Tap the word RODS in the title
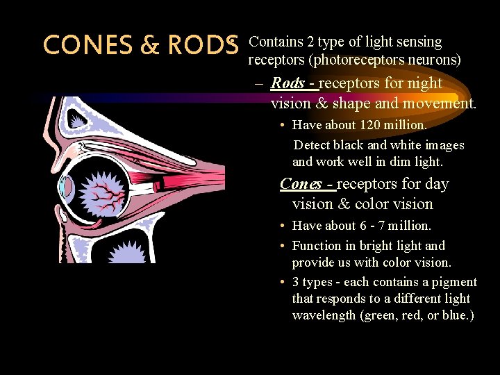click(201, 45)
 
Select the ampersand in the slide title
click(149, 45)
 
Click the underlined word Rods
click(287, 83)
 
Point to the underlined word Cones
click(299, 184)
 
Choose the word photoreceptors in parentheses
click(351, 60)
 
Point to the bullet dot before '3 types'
click(285, 282)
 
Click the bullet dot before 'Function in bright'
click(285, 246)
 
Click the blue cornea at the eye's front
click(66, 186)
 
